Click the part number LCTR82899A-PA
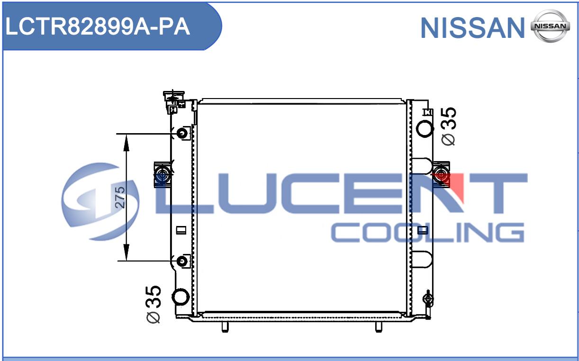98,27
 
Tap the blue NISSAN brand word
472,28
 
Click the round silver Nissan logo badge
550,26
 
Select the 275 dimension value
120,197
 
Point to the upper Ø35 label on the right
449,126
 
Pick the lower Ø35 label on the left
154,305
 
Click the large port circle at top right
425,128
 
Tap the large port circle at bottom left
181,297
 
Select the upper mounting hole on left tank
182,133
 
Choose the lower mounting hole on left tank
182,261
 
